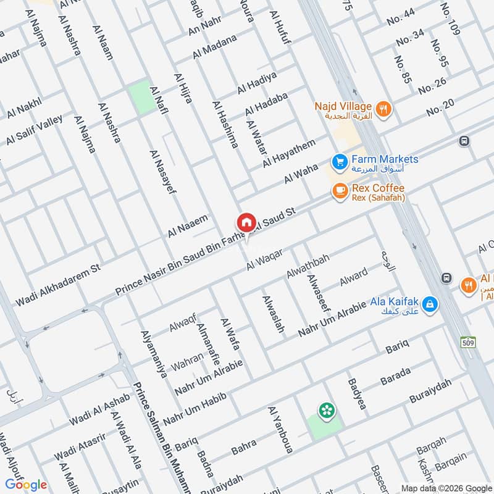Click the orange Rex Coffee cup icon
(x=339, y=191)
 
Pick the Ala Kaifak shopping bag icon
(x=431, y=304)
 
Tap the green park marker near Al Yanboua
(x=325, y=410)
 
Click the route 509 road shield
(x=467, y=341)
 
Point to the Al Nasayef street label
(x=163, y=171)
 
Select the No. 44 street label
(x=401, y=22)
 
